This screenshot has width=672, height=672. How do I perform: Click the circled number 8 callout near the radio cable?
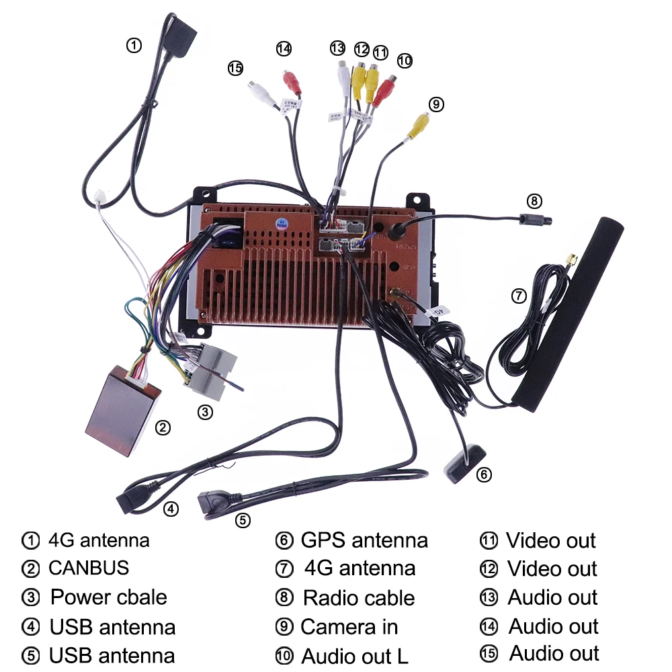click(534, 200)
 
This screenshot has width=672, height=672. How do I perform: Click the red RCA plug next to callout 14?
click(291, 82)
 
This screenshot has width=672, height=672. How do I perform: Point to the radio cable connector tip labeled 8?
click(537, 219)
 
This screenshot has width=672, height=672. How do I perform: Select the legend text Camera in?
click(349, 626)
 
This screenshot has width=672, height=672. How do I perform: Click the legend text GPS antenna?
click(364, 540)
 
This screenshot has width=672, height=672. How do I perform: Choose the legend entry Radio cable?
click(359, 597)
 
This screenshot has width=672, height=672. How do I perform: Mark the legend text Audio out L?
click(354, 655)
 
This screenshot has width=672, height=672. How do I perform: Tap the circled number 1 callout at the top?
click(134, 46)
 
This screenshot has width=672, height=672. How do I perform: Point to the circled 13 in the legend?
click(489, 597)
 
